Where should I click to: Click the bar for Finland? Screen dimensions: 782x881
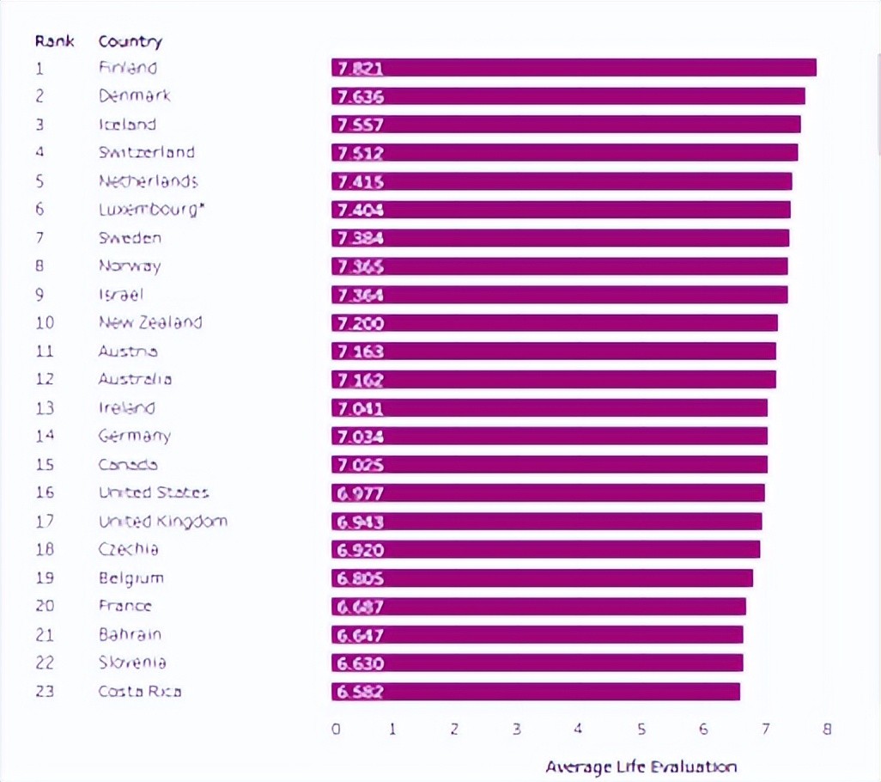pos(574,68)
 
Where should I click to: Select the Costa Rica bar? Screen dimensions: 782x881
pos(536,692)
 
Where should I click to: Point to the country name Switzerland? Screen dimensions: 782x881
pos(147,152)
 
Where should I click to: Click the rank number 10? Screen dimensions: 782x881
pos(45,322)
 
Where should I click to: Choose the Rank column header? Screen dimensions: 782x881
pos(54,40)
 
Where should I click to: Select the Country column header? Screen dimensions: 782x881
pos(130,40)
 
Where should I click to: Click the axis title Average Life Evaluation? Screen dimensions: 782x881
pos(641,767)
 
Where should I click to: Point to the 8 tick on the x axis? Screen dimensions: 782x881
pos(827,729)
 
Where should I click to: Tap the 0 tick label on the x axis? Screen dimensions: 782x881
pos(336,729)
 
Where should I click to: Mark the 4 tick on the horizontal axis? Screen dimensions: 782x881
pos(579,729)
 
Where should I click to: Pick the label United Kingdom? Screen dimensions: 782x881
pos(163,521)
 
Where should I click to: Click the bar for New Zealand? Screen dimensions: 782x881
pos(555,323)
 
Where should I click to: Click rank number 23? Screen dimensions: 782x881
pos(45,691)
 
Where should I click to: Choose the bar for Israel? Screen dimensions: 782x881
pos(560,295)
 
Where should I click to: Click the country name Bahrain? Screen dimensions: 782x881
pos(130,634)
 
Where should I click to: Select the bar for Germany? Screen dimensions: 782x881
pos(550,437)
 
